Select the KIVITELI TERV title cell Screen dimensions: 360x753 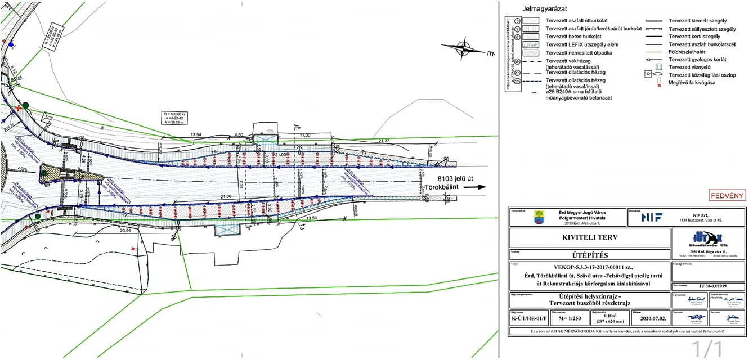tap(589, 237)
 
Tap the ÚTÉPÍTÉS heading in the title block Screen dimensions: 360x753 tap(589, 255)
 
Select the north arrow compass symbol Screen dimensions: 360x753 tap(469, 47)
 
